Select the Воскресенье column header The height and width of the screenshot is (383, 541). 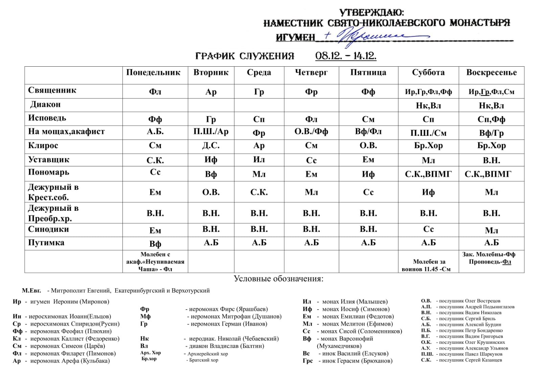point(491,73)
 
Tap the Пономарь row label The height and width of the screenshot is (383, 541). point(49,172)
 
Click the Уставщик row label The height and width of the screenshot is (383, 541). point(49,160)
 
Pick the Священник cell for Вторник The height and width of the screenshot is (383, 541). point(211,92)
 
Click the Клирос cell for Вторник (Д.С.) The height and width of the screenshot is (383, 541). point(211,146)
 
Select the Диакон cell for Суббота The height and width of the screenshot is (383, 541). point(428,106)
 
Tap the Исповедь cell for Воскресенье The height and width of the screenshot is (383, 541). point(491,119)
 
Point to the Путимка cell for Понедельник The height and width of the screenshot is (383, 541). point(155,244)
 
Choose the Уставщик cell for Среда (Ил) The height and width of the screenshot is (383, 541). point(259,160)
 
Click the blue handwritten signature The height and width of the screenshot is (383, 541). point(372,37)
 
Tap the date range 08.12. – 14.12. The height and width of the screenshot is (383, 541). point(345,56)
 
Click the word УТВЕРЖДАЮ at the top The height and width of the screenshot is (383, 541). point(371,13)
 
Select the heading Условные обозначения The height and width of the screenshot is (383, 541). point(278,279)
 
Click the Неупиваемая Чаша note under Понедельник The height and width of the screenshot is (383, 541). point(155,262)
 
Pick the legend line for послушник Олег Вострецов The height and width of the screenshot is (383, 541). point(460,301)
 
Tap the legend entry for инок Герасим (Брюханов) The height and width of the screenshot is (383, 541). point(347,361)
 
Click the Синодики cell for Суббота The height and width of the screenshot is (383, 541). point(428,230)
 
